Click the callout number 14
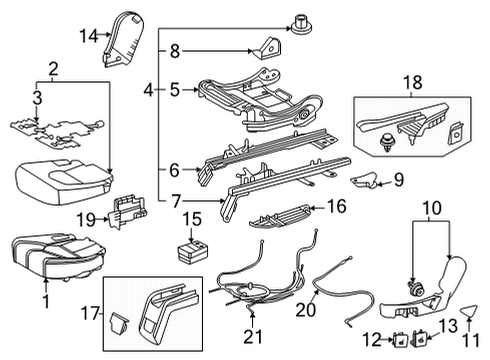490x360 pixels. coord(89,36)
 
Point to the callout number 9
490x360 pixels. coord(397,181)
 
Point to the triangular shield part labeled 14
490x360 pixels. coord(127,31)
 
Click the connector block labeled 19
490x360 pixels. coord(128,210)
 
